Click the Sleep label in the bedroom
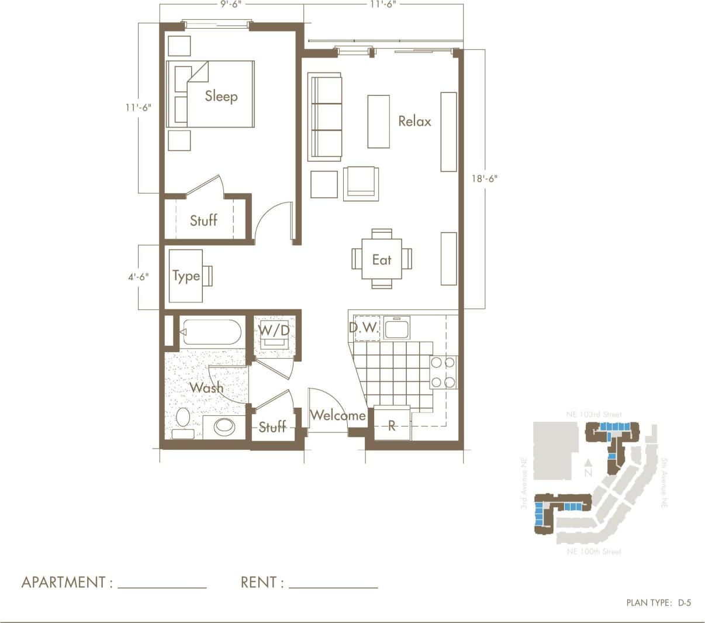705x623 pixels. coord(221,96)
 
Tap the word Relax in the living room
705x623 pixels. coord(414,121)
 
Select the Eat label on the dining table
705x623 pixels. coord(382,259)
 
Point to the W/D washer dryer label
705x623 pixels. coord(274,331)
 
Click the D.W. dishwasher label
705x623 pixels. coord(364,328)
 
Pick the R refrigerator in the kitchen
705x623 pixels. coord(392,425)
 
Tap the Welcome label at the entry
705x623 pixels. coord(338,415)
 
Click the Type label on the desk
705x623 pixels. coord(186,276)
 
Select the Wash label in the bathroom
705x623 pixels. coord(206,387)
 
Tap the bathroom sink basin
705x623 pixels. coord(226,426)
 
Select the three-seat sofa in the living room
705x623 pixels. coord(324,117)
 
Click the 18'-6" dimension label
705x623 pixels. coord(484,178)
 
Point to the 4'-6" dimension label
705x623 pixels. coord(139,277)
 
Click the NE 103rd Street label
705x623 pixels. coord(593,414)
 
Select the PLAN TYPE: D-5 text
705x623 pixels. coord(658,603)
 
